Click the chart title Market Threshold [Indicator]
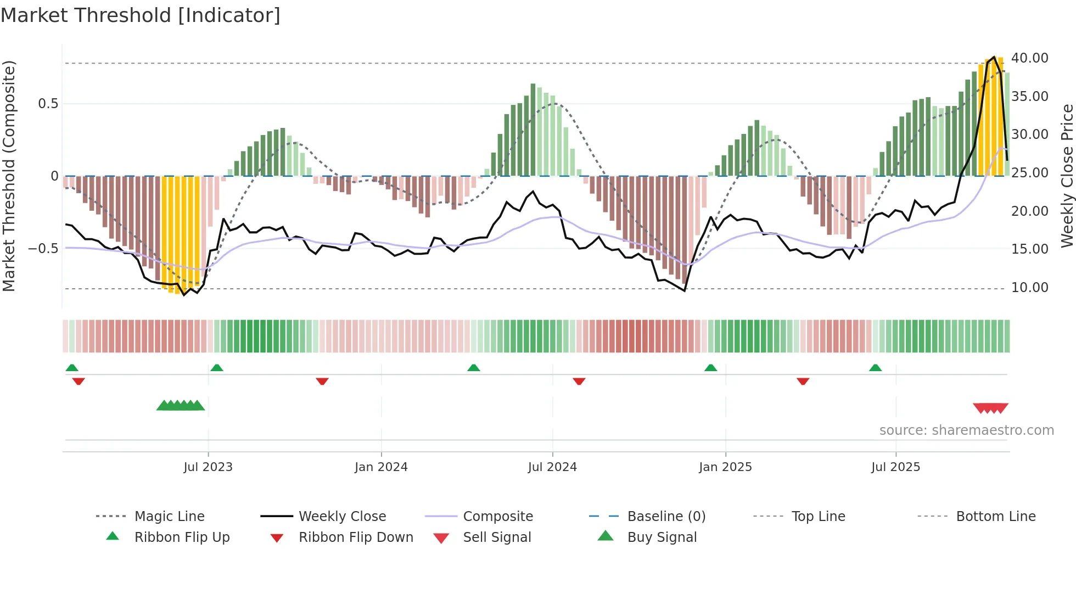141,15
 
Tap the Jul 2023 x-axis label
208,467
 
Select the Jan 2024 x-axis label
381,467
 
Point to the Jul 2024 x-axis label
552,467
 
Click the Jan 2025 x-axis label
725,467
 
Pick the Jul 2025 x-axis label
895,467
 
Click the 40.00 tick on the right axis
1029,58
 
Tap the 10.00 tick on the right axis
1029,288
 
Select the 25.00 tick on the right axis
1029,173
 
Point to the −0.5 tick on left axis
43,249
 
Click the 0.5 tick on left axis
48,104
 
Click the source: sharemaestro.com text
966,430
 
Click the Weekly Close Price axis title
1067,176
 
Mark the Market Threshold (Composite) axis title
9,176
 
